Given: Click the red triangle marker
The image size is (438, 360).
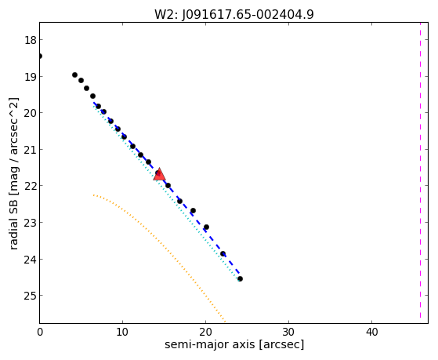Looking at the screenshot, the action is click(159, 174).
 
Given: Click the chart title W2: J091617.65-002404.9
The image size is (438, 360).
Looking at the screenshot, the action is click(234, 14).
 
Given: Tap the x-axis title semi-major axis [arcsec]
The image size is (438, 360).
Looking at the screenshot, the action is click(234, 344).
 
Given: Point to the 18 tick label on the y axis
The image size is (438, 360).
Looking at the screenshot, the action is click(31, 40).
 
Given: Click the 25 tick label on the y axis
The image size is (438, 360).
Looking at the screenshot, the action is click(31, 296).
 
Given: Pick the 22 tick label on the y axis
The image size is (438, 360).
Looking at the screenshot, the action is click(31, 186).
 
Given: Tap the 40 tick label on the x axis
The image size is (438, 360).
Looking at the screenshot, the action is click(371, 333).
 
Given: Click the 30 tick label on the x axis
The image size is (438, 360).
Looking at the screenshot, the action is click(288, 333).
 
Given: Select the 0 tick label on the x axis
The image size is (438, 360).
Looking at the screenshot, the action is click(40, 333).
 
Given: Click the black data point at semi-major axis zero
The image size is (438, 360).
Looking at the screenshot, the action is click(40, 56).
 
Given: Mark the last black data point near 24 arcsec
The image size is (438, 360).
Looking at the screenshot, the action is click(240, 279).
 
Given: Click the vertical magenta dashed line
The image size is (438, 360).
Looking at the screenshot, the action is click(420, 170).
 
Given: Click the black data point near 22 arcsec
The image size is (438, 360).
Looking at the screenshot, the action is click(223, 254).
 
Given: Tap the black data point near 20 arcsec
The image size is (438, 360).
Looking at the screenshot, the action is click(206, 227).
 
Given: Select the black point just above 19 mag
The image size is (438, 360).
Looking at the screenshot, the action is click(75, 75).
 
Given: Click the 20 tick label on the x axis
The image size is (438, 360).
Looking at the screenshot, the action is click(205, 333).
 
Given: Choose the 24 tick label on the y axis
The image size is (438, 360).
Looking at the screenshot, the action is click(31, 260).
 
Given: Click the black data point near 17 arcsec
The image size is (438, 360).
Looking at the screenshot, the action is click(180, 202).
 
